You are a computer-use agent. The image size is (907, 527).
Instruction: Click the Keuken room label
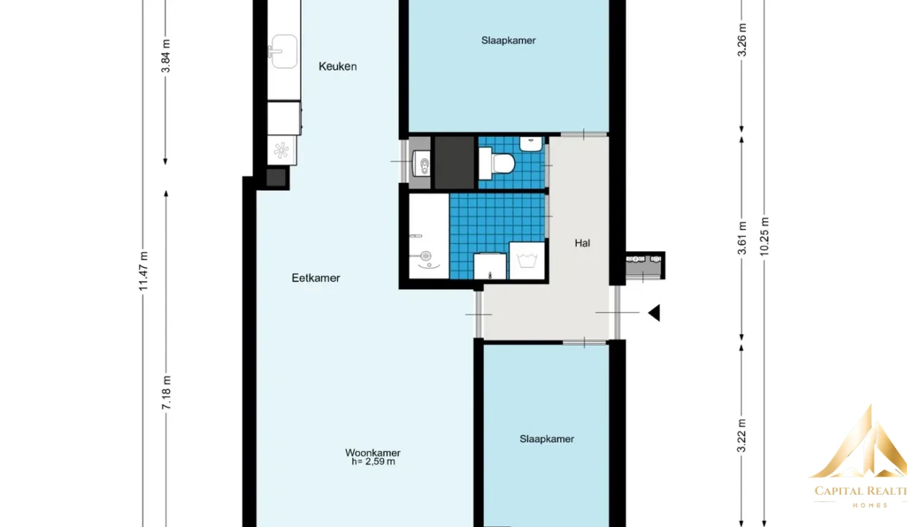338,67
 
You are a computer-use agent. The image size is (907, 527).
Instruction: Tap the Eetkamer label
316,278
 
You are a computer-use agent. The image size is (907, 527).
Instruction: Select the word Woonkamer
372,452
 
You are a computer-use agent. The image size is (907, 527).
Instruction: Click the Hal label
582,243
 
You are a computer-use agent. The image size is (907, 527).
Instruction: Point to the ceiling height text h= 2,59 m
373,462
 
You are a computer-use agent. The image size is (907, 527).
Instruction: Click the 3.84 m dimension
165,56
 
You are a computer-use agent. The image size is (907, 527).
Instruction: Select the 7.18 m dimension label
166,392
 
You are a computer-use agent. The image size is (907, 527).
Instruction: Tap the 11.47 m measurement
143,271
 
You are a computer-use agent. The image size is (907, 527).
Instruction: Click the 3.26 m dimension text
742,40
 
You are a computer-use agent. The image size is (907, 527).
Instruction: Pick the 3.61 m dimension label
742,238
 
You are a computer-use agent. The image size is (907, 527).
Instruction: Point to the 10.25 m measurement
764,236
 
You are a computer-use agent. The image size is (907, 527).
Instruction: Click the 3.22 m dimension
742,436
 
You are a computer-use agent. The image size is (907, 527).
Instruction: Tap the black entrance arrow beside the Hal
655,313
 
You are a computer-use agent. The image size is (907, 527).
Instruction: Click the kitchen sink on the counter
283,51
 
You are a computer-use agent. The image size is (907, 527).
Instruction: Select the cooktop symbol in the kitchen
282,151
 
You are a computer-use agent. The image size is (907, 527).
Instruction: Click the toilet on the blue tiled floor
497,163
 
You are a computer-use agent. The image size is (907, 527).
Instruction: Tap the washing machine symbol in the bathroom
527,261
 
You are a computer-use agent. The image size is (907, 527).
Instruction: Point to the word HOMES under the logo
870,505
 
